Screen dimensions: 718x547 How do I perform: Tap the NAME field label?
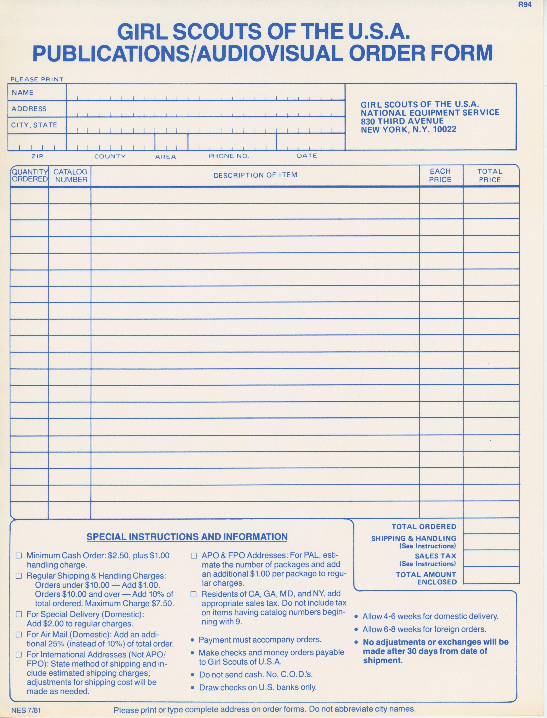[22, 92]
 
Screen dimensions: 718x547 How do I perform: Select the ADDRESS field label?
[29, 109]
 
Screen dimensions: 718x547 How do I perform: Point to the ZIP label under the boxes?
[37, 156]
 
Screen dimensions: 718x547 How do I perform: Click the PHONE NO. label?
[229, 156]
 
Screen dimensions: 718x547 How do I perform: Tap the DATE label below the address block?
[307, 156]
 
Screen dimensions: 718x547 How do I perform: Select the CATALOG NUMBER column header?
[70, 176]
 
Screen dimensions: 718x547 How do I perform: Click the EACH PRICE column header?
[440, 176]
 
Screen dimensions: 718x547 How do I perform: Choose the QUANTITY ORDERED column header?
[29, 176]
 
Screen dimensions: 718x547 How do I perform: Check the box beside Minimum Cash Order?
[19, 556]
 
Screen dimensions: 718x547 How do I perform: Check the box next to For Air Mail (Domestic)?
[19, 635]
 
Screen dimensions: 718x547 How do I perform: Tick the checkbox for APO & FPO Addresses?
[194, 556]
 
